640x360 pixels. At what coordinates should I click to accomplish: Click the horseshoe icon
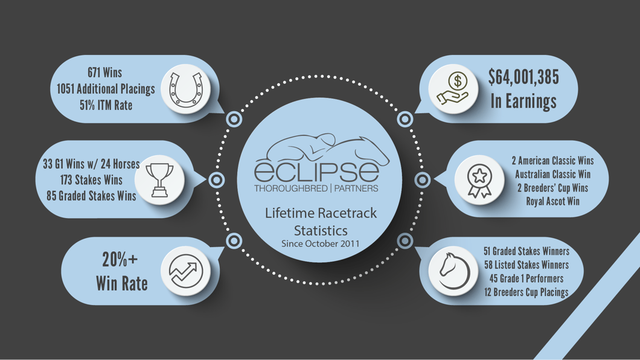click(x=185, y=89)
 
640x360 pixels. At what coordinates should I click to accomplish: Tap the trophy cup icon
click(x=160, y=179)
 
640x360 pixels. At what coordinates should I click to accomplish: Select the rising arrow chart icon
click(x=185, y=271)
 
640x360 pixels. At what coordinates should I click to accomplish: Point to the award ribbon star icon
click(x=479, y=180)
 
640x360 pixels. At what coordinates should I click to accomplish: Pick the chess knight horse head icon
click(x=453, y=270)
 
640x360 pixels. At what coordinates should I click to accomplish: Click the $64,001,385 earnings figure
click(x=523, y=78)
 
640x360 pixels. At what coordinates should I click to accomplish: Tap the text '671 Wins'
click(x=104, y=72)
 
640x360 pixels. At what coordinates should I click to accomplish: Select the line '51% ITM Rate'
click(x=106, y=105)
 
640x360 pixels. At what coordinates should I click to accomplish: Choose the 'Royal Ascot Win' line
click(x=552, y=201)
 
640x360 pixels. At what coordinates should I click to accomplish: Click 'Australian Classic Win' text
click(x=552, y=175)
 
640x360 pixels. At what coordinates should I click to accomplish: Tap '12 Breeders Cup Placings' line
click(x=526, y=292)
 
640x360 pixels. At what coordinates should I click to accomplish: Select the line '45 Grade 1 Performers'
click(x=523, y=278)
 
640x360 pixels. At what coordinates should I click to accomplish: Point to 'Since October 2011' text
click(x=320, y=243)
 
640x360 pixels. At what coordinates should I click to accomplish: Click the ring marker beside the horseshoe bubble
click(x=234, y=119)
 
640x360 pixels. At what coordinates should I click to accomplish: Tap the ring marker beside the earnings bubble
click(x=405, y=119)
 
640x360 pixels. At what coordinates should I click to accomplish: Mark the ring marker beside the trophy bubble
click(x=217, y=179)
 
